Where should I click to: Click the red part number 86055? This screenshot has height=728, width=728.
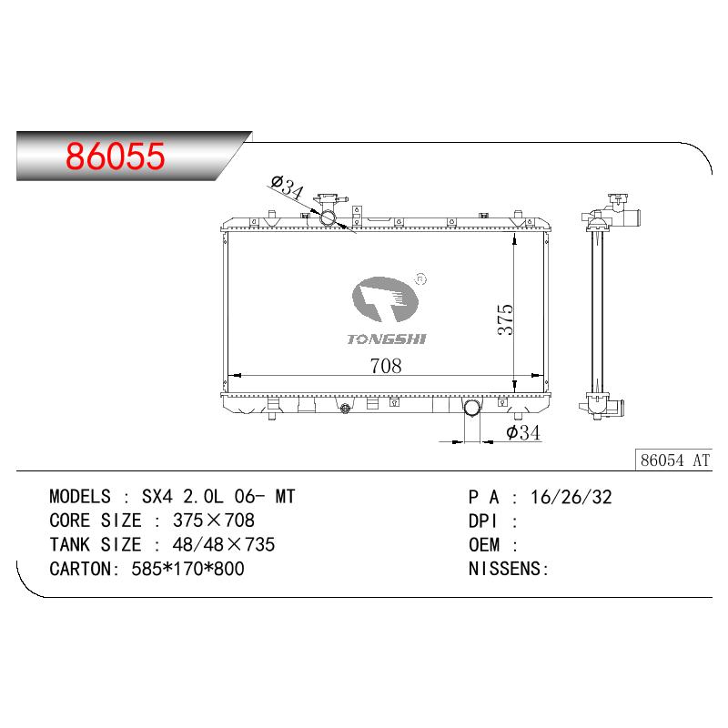click(116, 156)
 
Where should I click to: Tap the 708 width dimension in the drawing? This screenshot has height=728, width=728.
click(386, 366)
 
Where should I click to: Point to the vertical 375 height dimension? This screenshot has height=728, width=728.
click(505, 319)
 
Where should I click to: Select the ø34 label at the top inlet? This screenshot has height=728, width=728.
click(288, 187)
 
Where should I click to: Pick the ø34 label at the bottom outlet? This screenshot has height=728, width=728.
click(523, 433)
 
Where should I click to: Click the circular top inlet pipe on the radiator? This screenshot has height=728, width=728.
click(329, 217)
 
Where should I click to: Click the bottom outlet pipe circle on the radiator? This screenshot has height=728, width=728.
click(472, 408)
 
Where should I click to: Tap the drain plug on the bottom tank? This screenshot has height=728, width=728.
click(345, 409)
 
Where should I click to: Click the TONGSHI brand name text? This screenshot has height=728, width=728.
click(387, 339)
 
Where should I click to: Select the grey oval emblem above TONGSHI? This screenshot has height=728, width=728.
click(385, 299)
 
